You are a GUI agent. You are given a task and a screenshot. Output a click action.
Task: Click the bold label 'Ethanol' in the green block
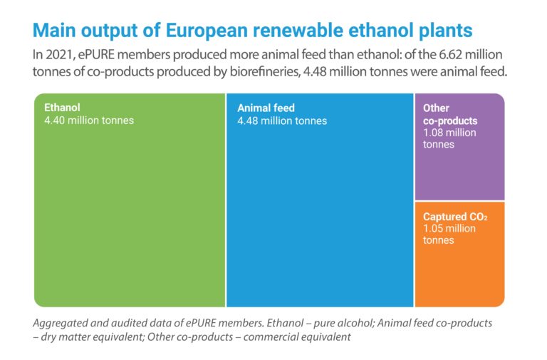(x=62, y=108)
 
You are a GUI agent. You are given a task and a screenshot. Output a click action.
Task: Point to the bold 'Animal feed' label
(x=266, y=108)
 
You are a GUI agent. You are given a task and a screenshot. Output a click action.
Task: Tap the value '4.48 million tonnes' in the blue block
(x=282, y=120)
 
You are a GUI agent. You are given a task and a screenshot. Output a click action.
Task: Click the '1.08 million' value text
(x=449, y=133)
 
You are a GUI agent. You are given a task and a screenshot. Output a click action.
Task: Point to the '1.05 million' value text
(x=449, y=229)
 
